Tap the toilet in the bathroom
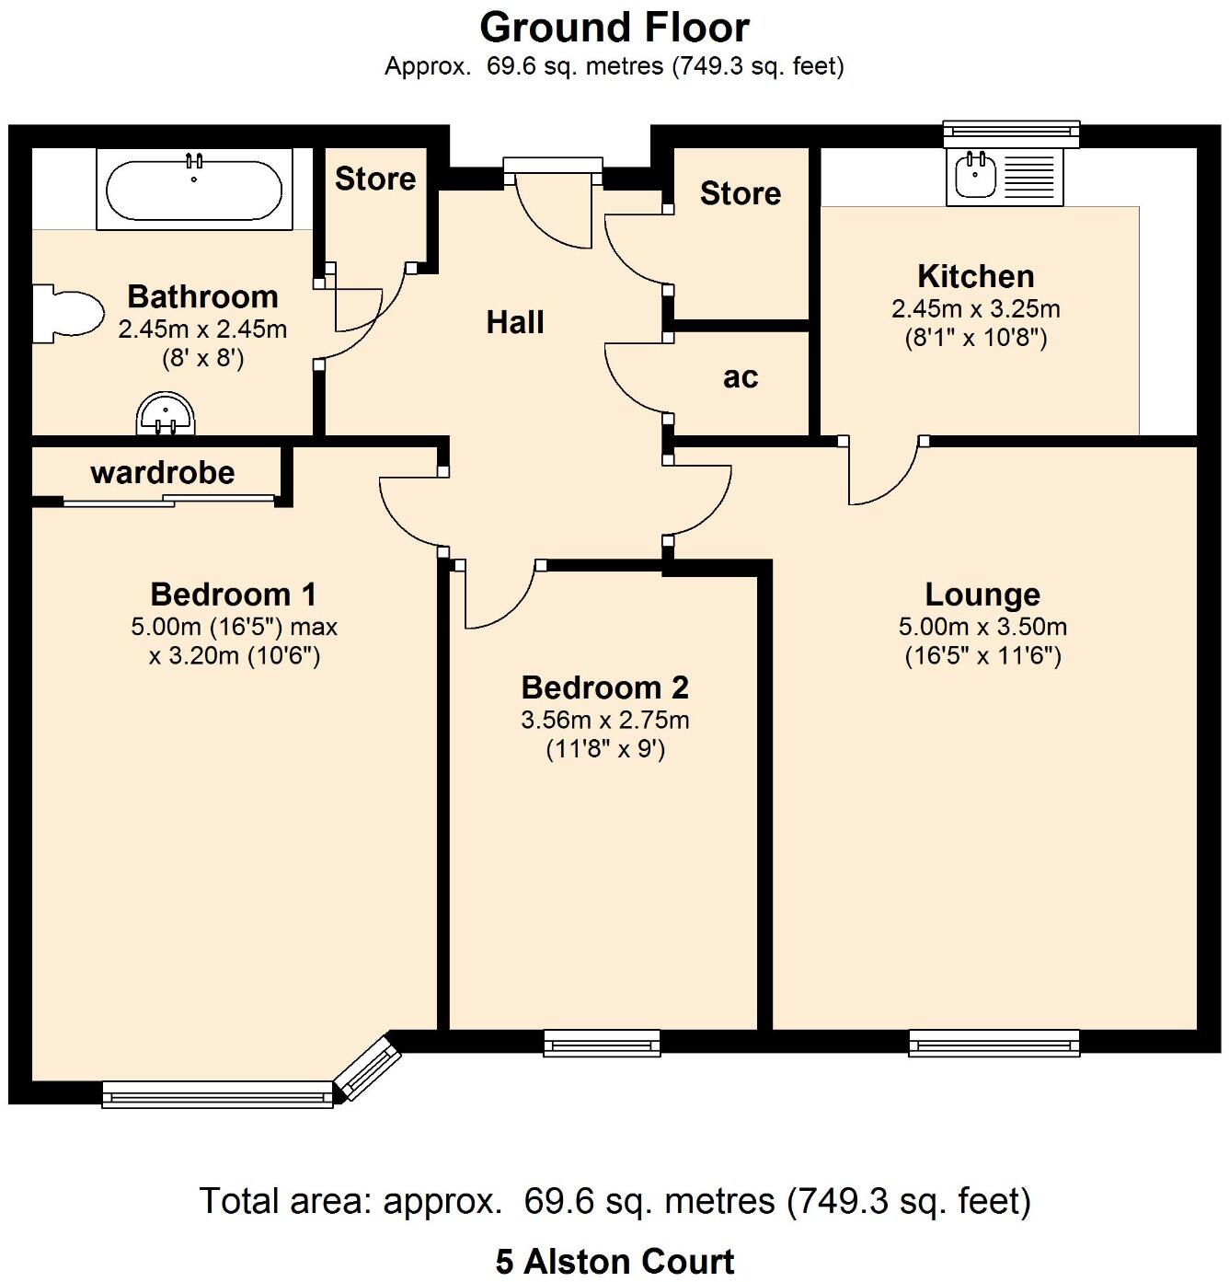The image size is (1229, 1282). pos(69,314)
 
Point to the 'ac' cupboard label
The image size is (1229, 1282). pos(741,377)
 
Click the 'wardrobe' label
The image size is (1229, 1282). pos(163,473)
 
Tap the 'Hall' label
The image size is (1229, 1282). pos(515,322)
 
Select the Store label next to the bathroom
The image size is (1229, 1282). pos(375,179)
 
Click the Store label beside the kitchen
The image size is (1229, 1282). pos(741,193)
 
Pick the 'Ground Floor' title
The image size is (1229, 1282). pos(614,28)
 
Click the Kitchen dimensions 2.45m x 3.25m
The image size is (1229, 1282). pos(975,309)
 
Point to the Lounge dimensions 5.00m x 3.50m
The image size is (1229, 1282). pos(982,628)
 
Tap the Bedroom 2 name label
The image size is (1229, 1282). pos(604,687)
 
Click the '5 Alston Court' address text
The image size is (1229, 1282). pos(614,1261)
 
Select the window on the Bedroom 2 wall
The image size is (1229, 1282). pos(603,1042)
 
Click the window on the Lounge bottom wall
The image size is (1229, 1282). pos(994,1042)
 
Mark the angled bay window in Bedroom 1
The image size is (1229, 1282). pos(368,1068)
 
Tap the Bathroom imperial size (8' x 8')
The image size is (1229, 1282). pos(202,358)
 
